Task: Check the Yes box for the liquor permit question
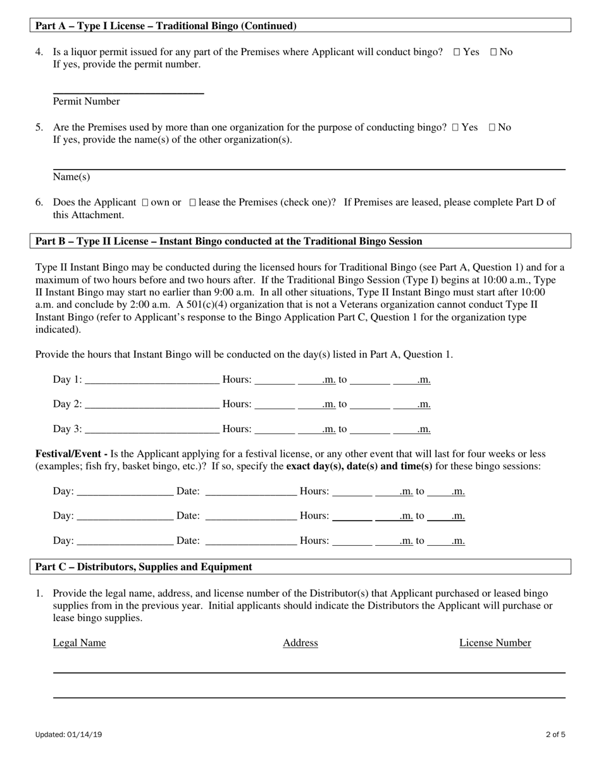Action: tap(457, 52)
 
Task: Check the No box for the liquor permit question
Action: tap(493, 52)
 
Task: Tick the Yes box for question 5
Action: tap(455, 128)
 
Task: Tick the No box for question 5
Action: tap(492, 128)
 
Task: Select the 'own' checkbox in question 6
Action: tap(145, 203)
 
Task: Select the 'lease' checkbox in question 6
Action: tap(193, 203)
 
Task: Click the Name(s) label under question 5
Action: tap(71, 177)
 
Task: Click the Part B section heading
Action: tap(228, 241)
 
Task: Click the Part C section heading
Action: tap(144, 567)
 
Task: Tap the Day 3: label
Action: tap(67, 429)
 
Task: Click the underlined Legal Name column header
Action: tap(79, 643)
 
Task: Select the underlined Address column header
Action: tap(300, 643)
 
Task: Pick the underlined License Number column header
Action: tap(495, 643)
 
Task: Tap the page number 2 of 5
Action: tap(555, 735)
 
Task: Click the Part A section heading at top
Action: tap(166, 26)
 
